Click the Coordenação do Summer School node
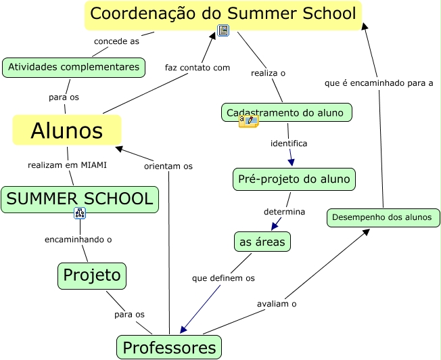223,14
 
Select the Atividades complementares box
74,67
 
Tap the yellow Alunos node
67,130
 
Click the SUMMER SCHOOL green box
80,199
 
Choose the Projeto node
92,275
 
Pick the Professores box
169,348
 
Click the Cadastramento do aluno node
287,112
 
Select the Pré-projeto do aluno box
294,179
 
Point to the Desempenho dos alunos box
384,218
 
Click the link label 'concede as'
116,41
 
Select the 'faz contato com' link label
198,68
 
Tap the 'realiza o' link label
269,73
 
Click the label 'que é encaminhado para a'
379,83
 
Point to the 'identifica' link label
289,143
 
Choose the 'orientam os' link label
168,166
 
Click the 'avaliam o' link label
277,304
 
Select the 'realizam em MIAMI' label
67,164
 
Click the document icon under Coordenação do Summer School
223,30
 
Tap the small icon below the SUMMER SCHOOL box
80,214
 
